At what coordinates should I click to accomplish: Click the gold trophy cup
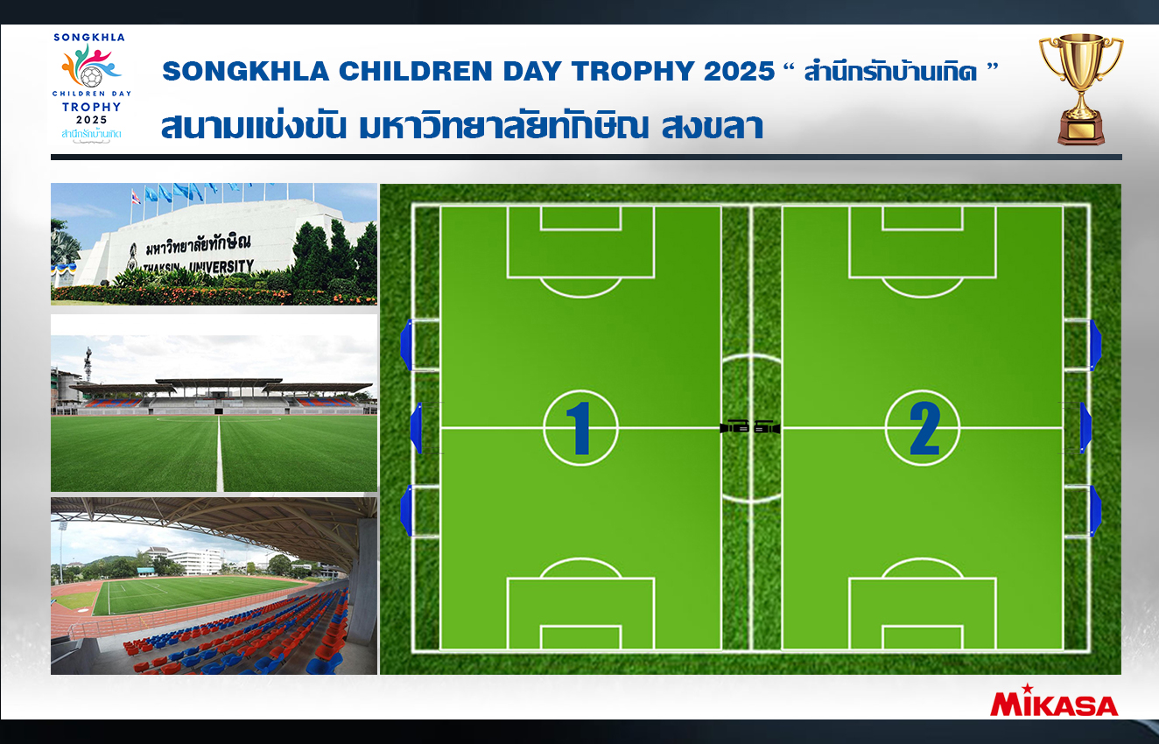pyautogui.click(x=1081, y=88)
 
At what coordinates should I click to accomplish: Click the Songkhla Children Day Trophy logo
pyautogui.click(x=91, y=88)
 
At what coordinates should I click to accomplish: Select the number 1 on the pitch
pyautogui.click(x=580, y=428)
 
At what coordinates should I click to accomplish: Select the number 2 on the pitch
pyautogui.click(x=924, y=428)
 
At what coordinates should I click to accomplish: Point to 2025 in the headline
pyautogui.click(x=739, y=71)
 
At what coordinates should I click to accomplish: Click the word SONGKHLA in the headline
pyautogui.click(x=246, y=71)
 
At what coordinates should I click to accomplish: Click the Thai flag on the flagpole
pyautogui.click(x=136, y=197)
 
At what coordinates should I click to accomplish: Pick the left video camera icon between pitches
pyautogui.click(x=734, y=427)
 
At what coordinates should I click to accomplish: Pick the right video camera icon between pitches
pyautogui.click(x=766, y=427)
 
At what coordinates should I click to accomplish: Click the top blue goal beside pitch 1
pyautogui.click(x=407, y=345)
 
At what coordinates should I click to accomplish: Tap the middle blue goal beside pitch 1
pyautogui.click(x=417, y=428)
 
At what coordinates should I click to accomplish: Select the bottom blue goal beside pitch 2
pyautogui.click(x=1096, y=511)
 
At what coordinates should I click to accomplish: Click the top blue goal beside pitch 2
pyautogui.click(x=1096, y=345)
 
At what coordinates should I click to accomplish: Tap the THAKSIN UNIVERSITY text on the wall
pyautogui.click(x=198, y=267)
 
